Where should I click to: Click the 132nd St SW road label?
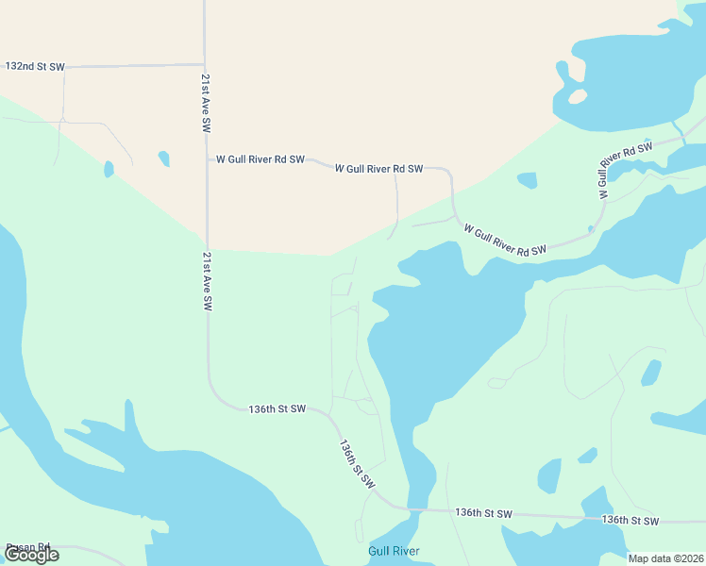[x=35, y=67]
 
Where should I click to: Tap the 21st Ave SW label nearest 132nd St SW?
[x=204, y=104]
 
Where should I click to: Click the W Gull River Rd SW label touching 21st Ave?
[x=261, y=159]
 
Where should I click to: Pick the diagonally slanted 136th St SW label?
[x=358, y=464]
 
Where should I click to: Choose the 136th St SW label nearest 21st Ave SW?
[x=277, y=409]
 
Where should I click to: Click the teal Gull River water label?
[x=394, y=551]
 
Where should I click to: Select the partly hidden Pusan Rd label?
[x=28, y=547]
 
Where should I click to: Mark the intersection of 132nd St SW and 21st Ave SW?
[x=204, y=65]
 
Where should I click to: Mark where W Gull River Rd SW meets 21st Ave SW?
[x=206, y=159]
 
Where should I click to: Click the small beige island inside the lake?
[x=578, y=96]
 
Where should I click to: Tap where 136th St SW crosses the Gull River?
[x=412, y=510]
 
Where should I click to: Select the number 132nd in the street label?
[x=21, y=67]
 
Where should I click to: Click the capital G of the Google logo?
[x=12, y=555]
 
